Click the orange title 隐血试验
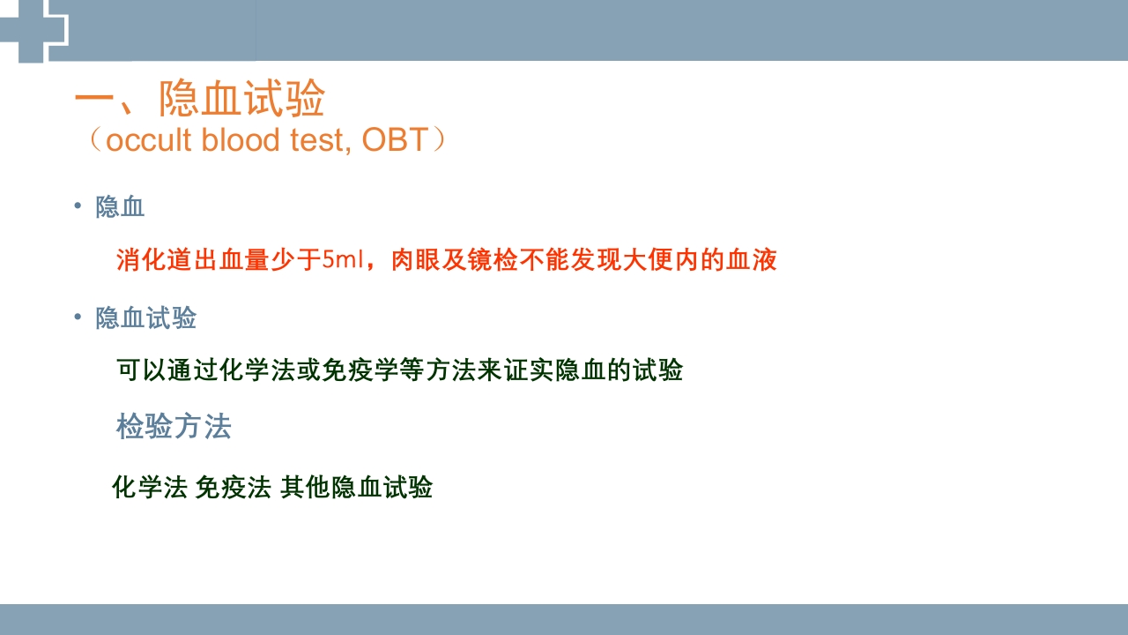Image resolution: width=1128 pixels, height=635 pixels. (241, 99)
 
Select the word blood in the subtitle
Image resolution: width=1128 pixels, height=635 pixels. (241, 140)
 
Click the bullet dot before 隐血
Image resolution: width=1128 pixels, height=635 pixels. (78, 206)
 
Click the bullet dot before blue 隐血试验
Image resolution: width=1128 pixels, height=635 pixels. (78, 317)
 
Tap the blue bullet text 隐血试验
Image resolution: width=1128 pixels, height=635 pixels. (146, 317)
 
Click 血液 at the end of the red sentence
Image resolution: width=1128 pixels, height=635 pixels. (752, 260)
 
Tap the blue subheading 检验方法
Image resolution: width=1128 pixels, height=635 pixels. (174, 427)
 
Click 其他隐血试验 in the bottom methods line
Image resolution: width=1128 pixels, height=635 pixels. (356, 487)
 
